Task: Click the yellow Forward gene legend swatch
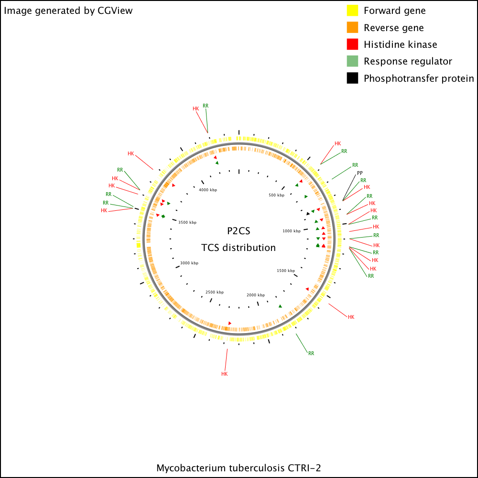(x=352, y=11)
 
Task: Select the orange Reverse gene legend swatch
(x=352, y=27)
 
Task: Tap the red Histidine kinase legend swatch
(x=352, y=44)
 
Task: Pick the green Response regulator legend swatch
(x=352, y=61)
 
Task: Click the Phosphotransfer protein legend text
(x=419, y=78)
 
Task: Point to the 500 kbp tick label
(x=276, y=195)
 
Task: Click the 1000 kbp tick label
(x=292, y=231)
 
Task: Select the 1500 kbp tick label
(x=286, y=271)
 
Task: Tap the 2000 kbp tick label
(x=256, y=295)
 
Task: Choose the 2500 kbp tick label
(x=215, y=292)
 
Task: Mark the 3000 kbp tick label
(x=189, y=263)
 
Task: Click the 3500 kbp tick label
(x=187, y=223)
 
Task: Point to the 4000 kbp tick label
(x=208, y=190)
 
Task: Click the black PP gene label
(x=360, y=173)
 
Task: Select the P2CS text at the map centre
(x=239, y=231)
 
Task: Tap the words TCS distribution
(x=239, y=248)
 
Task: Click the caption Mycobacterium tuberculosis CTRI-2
(x=239, y=468)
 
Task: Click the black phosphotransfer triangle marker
(x=308, y=214)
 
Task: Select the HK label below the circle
(x=224, y=374)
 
